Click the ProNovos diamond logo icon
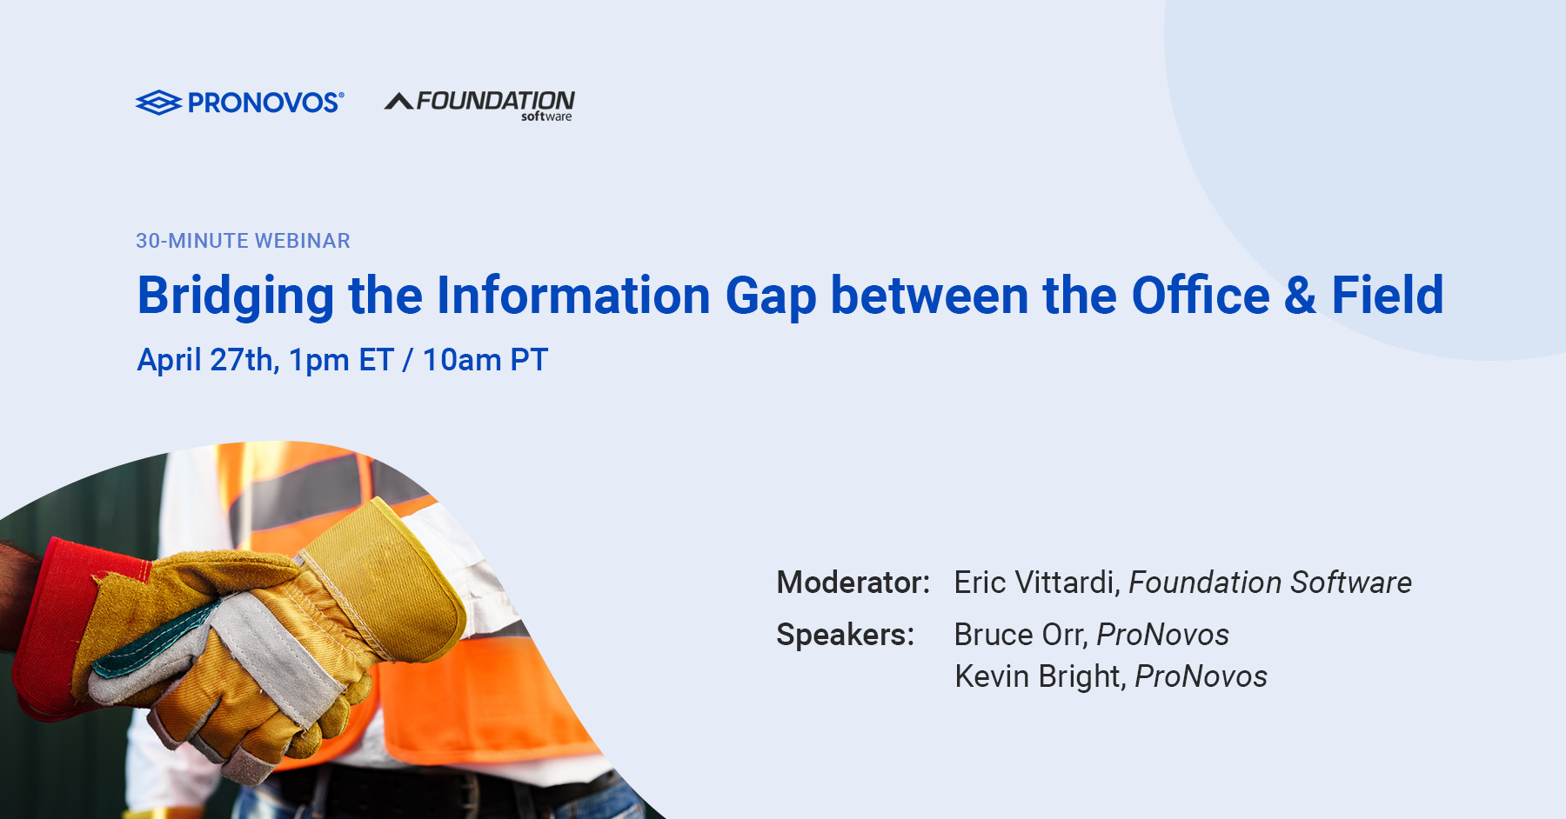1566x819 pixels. [158, 103]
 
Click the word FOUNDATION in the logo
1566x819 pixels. [496, 101]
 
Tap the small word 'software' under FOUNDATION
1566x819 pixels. [546, 117]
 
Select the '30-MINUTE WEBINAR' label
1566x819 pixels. [243, 241]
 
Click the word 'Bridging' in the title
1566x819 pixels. [236, 296]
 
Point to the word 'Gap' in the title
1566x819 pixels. [771, 296]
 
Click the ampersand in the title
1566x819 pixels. [1300, 296]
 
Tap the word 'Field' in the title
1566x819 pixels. [1388, 295]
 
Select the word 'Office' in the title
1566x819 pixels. [1201, 295]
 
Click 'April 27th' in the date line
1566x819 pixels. [208, 360]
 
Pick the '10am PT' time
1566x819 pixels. [485, 360]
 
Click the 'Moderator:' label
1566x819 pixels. [853, 583]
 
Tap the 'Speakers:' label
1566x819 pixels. [846, 635]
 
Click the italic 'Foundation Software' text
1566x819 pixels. [1270, 583]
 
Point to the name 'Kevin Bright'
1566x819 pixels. [1040, 676]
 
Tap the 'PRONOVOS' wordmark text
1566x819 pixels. [265, 103]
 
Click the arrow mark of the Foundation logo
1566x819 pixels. [399, 102]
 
